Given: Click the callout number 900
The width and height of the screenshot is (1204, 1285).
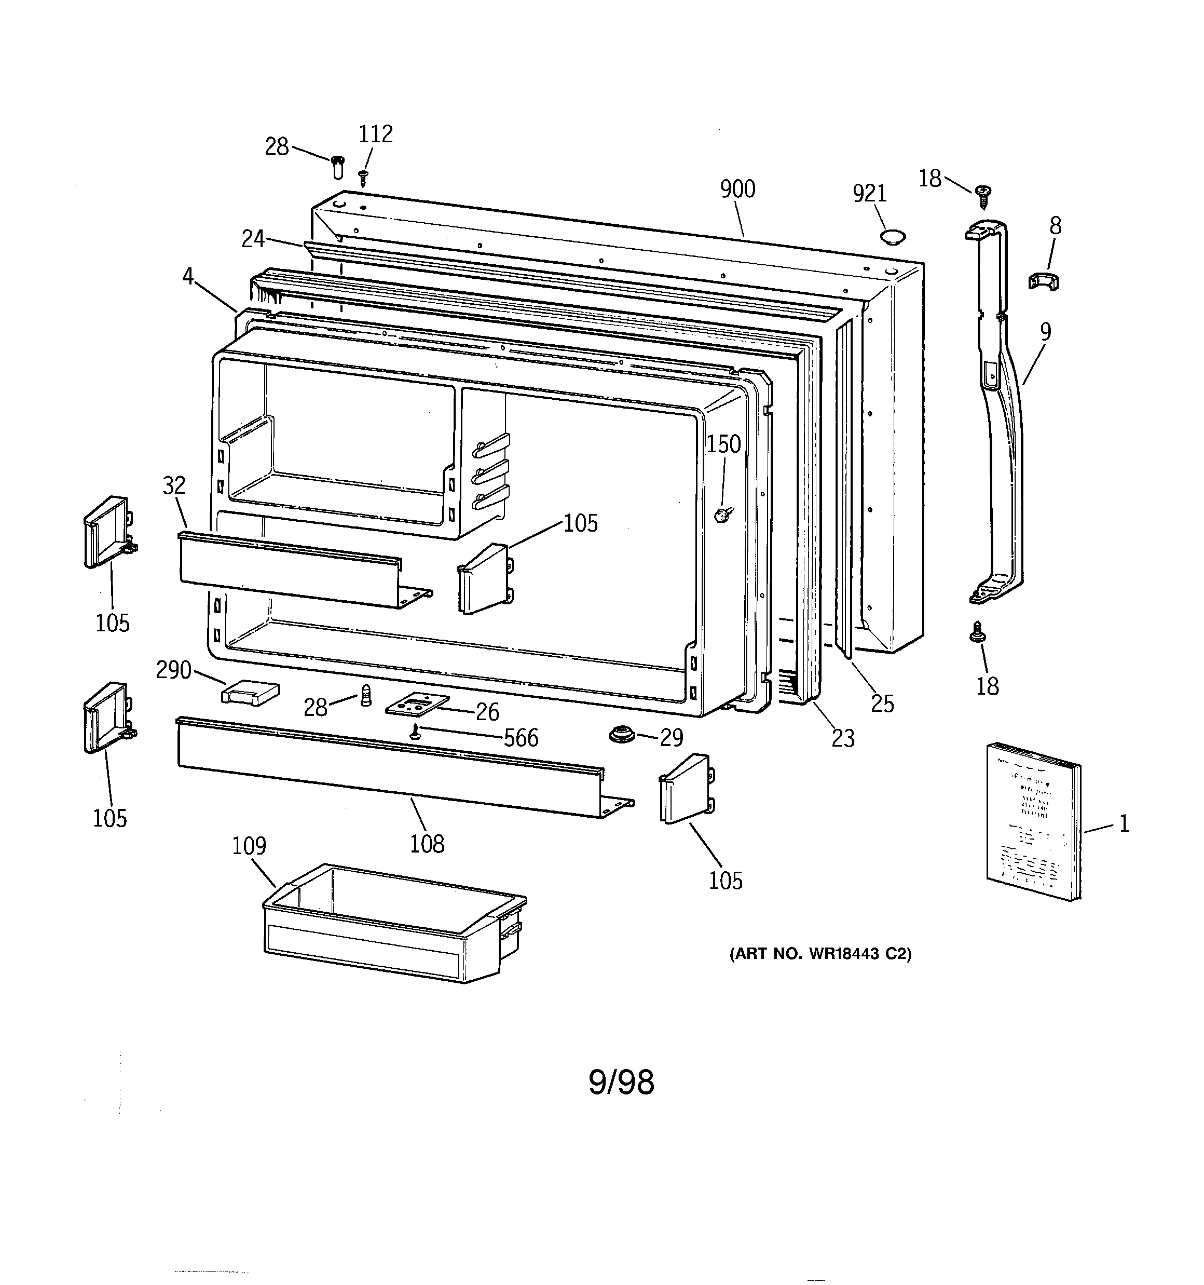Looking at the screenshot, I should coord(737,190).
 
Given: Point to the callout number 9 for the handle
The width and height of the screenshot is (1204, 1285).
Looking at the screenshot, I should coord(1045,332).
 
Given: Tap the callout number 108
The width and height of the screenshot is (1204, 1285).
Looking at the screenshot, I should coord(427,844).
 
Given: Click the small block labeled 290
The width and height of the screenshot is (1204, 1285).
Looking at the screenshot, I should coord(250,693).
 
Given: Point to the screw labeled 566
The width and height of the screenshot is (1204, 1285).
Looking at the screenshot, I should coord(416,732).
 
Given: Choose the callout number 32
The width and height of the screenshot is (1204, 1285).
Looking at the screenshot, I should coord(174,485).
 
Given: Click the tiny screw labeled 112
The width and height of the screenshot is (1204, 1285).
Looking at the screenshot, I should coord(363,177).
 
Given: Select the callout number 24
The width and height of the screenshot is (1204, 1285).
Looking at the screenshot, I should coord(253,239).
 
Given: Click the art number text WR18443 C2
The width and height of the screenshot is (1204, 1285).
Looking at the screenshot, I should coord(820,954).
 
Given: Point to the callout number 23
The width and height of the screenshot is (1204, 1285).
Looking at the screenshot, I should coord(843,738).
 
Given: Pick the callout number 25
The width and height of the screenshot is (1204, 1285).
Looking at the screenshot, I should coord(882,704).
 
